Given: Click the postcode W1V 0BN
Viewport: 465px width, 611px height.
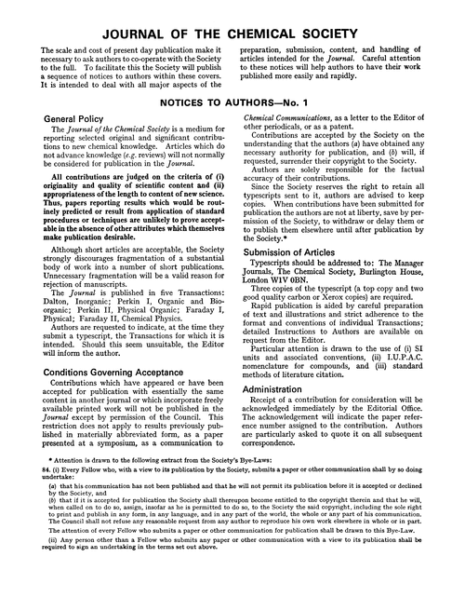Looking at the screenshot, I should (x=299, y=288).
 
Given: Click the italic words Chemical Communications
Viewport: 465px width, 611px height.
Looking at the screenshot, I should (x=295, y=119).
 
